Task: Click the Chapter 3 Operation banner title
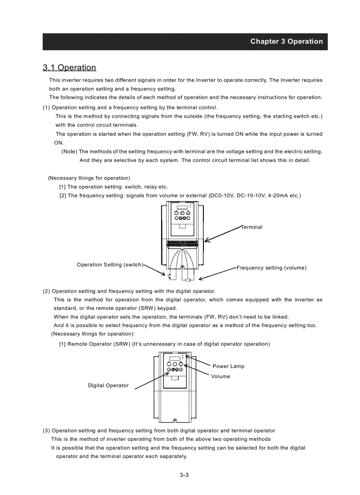[286, 41]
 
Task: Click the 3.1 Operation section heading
[69, 67]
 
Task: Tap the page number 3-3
[184, 475]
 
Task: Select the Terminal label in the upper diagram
[252, 227]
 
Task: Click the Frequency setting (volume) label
[271, 268]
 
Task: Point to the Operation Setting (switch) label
[110, 264]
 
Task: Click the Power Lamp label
[228, 366]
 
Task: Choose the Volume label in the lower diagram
[220, 376]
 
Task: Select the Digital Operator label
[108, 386]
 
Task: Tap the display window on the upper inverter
[182, 208]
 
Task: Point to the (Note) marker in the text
[69, 152]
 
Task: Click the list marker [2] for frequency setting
[63, 195]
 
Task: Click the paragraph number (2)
[46, 291]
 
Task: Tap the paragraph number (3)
[46, 431]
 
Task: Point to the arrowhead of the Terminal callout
[206, 241]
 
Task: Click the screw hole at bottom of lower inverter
[175, 420]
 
